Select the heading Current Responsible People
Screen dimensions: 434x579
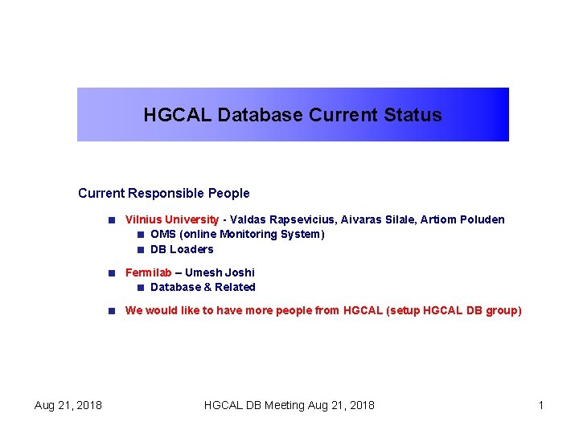(164, 193)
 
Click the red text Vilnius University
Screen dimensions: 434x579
(171, 219)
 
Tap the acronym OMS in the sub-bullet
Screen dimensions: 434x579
(162, 234)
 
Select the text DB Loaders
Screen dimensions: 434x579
(182, 249)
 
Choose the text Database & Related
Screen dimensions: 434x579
(203, 287)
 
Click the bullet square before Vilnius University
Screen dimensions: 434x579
(115, 219)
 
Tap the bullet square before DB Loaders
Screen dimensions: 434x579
(140, 249)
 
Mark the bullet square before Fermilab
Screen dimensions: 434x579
(115, 272)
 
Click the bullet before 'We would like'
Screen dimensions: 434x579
(115, 310)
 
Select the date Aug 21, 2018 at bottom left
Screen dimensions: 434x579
(68, 405)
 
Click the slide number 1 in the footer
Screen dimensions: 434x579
(541, 405)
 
